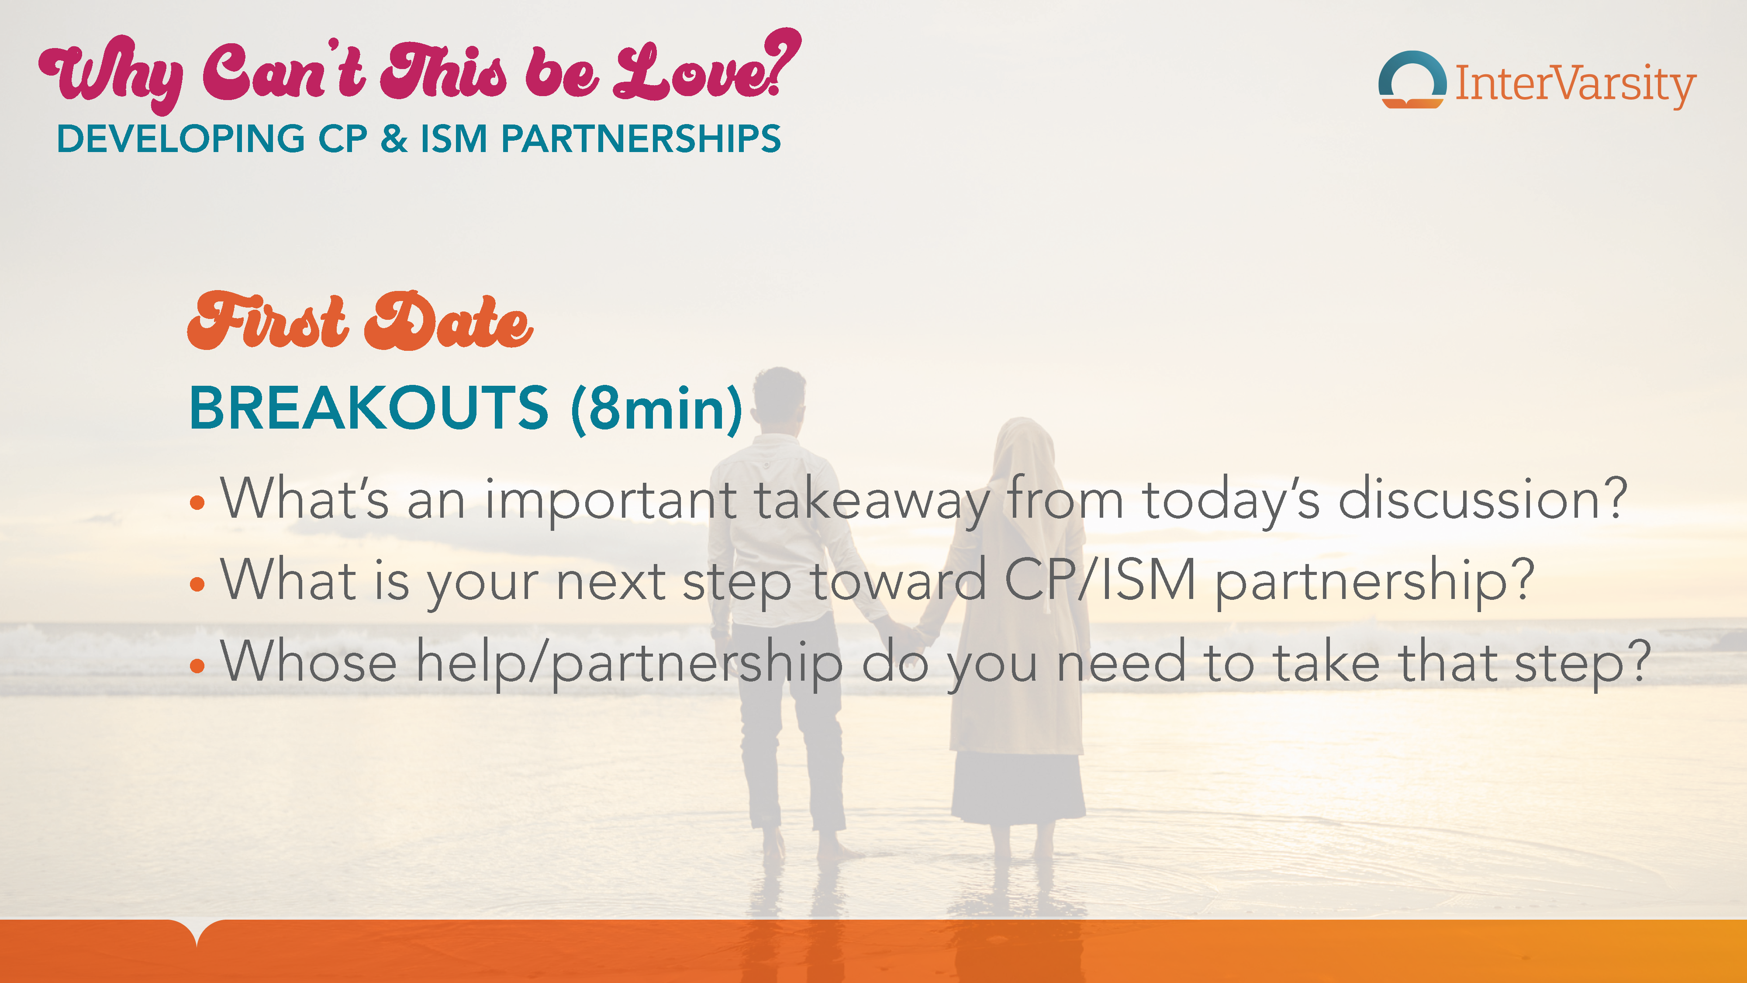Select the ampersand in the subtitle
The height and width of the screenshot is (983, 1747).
point(394,139)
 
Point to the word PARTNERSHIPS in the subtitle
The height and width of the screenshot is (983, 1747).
point(641,139)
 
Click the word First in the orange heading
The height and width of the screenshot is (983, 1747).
point(268,321)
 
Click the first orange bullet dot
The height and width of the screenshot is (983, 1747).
point(197,503)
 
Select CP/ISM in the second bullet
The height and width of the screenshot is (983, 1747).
point(1099,580)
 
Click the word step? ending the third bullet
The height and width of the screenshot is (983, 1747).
point(1582,664)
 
